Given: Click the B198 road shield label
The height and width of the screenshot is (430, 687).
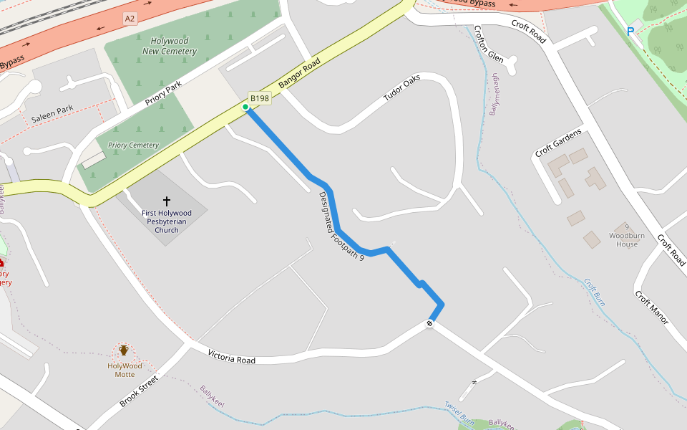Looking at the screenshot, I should click(x=259, y=98).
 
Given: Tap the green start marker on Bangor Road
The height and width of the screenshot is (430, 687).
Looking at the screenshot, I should click(x=245, y=107).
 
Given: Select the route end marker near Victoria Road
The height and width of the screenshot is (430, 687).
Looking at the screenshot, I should click(x=429, y=323).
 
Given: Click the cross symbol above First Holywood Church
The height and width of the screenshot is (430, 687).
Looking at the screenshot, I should click(x=167, y=201).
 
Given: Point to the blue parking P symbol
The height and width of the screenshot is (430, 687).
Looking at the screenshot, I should click(x=630, y=31).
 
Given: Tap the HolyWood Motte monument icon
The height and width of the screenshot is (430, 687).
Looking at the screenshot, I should click(x=124, y=350).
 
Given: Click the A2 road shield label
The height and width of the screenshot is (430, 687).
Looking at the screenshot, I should click(x=130, y=19).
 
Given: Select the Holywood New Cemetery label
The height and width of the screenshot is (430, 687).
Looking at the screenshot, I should click(x=170, y=46).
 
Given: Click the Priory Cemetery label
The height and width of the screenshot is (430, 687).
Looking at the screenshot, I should click(x=133, y=145).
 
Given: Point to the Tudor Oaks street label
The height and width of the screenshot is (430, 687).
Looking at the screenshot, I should click(x=401, y=92).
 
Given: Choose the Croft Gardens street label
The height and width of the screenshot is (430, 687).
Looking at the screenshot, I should click(x=558, y=142).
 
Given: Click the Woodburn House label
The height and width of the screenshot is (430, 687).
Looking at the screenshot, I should click(x=623, y=239).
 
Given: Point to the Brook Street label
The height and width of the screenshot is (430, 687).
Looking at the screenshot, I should click(x=139, y=391).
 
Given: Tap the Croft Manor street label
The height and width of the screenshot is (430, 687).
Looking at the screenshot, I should click(x=651, y=307).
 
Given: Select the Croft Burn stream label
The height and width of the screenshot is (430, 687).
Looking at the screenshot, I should click(x=595, y=292).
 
